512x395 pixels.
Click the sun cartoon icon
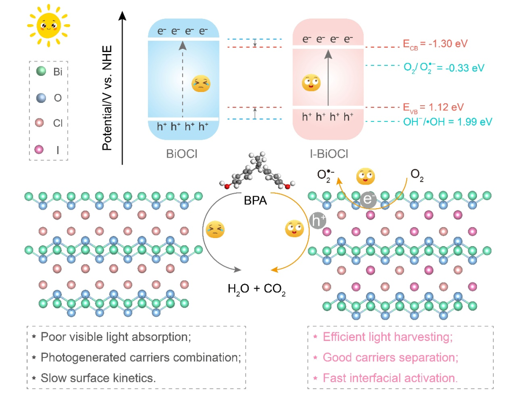[x=48, y=26]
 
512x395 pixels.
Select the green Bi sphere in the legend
[x=41, y=71]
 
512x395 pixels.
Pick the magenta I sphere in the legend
[x=39, y=150]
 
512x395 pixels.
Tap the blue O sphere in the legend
[x=41, y=98]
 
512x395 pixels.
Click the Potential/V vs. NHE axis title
[x=108, y=98]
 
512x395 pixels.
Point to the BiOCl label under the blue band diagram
[x=182, y=154]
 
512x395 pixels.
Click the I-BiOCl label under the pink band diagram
[x=329, y=154]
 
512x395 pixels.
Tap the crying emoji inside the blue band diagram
[x=201, y=84]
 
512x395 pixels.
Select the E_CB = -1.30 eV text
[x=435, y=44]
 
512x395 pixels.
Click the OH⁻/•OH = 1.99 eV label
[x=448, y=122]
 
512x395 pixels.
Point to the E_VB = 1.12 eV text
[x=433, y=108]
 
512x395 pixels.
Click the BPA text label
[x=256, y=200]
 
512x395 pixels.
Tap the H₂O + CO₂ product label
[x=256, y=289]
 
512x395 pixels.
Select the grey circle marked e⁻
[x=368, y=199]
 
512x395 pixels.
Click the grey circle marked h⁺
[x=318, y=220]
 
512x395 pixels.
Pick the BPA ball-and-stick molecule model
[x=257, y=171]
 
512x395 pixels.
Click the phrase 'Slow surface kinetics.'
[x=98, y=378]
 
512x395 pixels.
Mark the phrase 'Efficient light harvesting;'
[x=388, y=337]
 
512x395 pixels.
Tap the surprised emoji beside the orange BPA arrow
[x=294, y=229]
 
